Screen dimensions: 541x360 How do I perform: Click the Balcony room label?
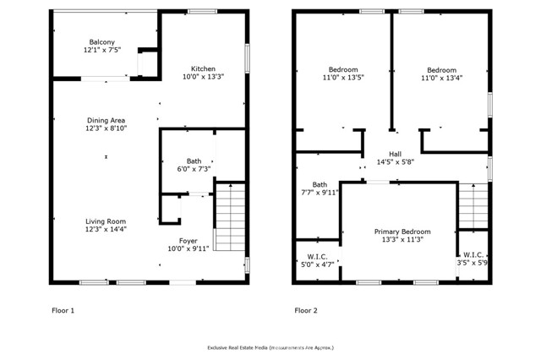pyautogui.click(x=101, y=42)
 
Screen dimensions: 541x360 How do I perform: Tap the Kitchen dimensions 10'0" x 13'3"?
pyautogui.click(x=203, y=77)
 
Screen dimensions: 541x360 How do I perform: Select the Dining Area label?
pyautogui.click(x=106, y=120)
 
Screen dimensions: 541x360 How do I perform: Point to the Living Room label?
pyautogui.click(x=106, y=221)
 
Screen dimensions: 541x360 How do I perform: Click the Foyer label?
pyautogui.click(x=188, y=241)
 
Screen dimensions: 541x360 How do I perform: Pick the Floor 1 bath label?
pyautogui.click(x=194, y=161)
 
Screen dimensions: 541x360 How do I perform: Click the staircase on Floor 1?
pyautogui.click(x=229, y=217)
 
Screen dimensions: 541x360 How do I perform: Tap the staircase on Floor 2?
pyautogui.click(x=473, y=206)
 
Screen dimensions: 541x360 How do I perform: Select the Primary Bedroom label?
pyautogui.click(x=402, y=232)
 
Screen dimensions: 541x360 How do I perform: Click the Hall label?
pyautogui.click(x=395, y=154)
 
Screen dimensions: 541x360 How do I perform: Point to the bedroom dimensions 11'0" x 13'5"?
pyautogui.click(x=343, y=78)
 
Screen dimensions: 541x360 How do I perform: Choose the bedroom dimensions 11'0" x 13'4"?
pyautogui.click(x=441, y=78)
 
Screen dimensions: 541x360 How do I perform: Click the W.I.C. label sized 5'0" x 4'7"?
pyautogui.click(x=317, y=257)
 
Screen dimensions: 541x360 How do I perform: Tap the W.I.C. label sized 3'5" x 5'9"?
pyautogui.click(x=473, y=255)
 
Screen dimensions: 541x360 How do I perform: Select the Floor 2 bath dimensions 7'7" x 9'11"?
pyautogui.click(x=320, y=193)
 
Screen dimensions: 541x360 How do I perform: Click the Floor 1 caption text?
pyautogui.click(x=63, y=310)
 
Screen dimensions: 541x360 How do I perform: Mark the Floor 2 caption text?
pyautogui.click(x=306, y=310)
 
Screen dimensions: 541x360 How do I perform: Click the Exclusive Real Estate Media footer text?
pyautogui.click(x=270, y=347)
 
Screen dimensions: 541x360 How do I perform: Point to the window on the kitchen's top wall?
pyautogui.click(x=203, y=11)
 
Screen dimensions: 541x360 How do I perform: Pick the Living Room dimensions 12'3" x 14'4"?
pyautogui.click(x=106, y=229)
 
